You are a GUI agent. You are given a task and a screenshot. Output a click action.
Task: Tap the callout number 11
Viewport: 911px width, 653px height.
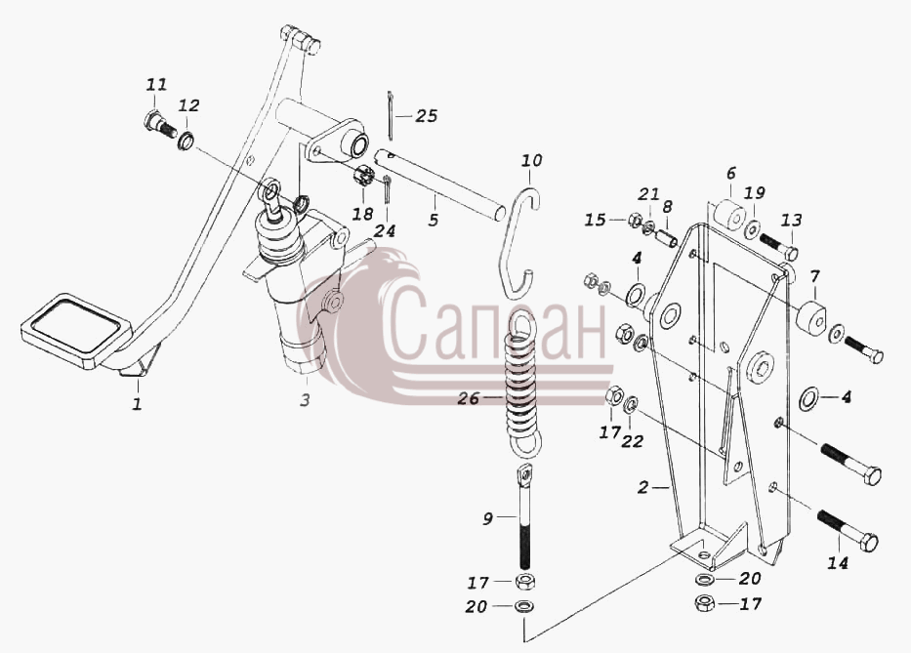155,85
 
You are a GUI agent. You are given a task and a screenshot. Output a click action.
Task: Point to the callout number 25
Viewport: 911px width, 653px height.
427,115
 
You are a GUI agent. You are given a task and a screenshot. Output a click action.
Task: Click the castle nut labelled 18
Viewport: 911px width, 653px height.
362,177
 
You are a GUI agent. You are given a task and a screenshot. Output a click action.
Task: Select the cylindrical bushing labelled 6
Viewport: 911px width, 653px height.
728,216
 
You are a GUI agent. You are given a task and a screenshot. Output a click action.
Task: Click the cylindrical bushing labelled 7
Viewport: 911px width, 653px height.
810,318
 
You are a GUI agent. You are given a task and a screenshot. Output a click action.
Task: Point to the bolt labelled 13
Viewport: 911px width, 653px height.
778,246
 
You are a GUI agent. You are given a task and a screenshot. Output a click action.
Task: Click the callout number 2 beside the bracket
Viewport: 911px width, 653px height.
642,487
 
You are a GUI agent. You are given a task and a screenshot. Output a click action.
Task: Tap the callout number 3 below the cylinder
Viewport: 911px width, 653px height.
305,399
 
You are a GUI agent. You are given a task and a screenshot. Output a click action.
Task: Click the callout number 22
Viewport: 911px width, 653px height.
632,441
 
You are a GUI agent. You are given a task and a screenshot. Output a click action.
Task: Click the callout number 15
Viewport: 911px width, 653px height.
595,221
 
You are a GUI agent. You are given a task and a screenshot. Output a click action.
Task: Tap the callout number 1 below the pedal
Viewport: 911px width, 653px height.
137,403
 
